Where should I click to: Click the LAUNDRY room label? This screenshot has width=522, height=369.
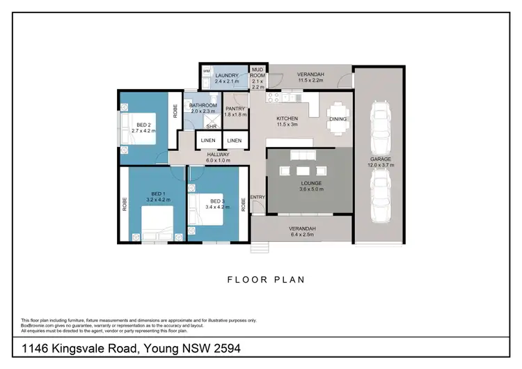[x=227, y=75]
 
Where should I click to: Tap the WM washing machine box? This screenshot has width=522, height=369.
[x=207, y=72]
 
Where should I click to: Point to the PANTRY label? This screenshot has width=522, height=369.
[x=235, y=109]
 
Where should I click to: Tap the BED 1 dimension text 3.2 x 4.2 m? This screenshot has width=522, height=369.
[x=158, y=200]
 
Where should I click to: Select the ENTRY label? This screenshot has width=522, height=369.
[x=258, y=197]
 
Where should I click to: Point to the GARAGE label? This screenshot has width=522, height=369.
[x=381, y=159]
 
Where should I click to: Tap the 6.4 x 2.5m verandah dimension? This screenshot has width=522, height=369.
[x=302, y=235]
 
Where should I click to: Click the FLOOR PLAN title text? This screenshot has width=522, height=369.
[x=267, y=280]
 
